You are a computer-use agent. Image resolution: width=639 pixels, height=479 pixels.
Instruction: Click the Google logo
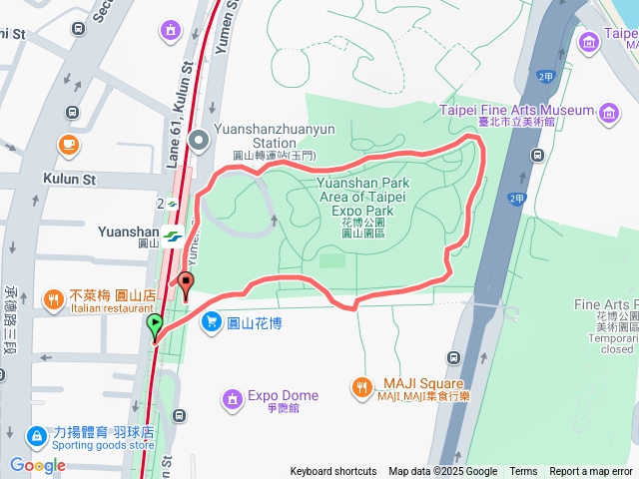(x=37, y=465)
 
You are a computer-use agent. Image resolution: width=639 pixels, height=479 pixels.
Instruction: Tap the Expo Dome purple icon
(x=232, y=399)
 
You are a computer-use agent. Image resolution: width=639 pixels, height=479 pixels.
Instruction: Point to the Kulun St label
(x=69, y=180)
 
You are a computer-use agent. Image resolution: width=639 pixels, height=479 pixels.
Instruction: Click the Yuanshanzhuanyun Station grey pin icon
(x=199, y=141)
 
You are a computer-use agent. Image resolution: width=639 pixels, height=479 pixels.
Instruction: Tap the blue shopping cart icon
(x=211, y=321)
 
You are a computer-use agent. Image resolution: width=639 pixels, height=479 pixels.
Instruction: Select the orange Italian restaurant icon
(x=54, y=298)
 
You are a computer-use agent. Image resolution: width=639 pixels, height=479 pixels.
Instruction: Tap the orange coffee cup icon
(x=69, y=144)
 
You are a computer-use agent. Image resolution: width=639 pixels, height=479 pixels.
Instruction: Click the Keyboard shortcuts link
(x=333, y=472)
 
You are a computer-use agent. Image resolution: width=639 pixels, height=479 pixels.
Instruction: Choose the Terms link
(x=523, y=472)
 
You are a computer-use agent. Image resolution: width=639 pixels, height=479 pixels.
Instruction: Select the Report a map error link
(x=591, y=472)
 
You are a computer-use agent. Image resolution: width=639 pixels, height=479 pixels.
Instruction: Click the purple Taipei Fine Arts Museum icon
(x=609, y=112)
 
